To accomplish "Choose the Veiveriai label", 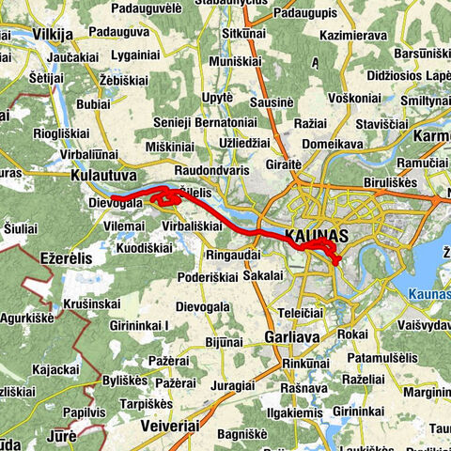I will (x=169, y=425).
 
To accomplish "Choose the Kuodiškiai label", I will (x=144, y=249).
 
